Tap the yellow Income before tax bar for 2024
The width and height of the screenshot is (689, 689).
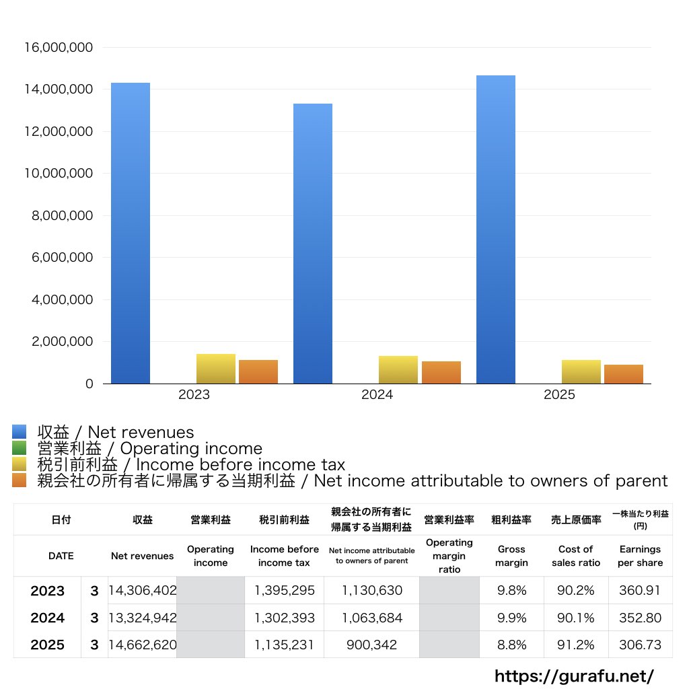pos(398,369)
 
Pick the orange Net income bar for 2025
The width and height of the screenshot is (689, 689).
pos(624,374)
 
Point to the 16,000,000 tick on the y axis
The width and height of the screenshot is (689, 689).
pos(59,48)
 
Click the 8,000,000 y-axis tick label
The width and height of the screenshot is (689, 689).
pos(62,216)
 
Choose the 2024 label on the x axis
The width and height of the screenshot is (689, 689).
pos(377,395)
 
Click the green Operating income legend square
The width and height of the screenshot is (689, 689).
pos(20,448)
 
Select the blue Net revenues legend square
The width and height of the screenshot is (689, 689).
pos(20,432)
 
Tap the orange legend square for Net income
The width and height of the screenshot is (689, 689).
pos(20,480)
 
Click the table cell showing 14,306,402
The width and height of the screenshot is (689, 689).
pos(143,591)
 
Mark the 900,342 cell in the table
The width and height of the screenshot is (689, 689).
pos(371,645)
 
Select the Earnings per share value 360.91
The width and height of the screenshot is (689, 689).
pos(640,591)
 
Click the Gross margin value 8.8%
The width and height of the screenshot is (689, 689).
pos(511,645)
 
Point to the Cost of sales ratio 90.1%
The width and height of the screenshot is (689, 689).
pos(576,618)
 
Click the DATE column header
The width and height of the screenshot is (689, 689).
pos(61,556)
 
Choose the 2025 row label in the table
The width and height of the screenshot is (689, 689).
pos(48,645)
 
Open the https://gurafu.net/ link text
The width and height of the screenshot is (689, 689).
pos(574,676)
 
